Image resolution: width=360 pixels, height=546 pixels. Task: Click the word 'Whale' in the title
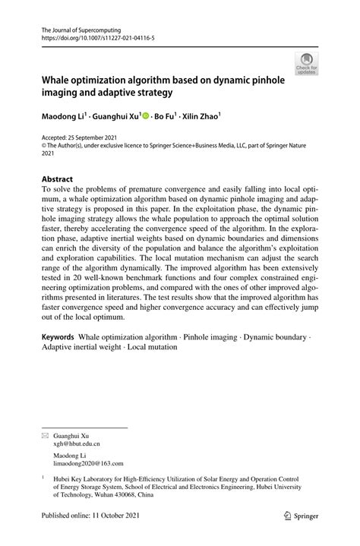(59, 79)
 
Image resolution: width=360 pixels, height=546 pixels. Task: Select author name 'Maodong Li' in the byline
(63, 118)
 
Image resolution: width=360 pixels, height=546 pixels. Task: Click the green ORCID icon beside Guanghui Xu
(145, 118)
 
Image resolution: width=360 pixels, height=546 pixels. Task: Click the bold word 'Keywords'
(58, 337)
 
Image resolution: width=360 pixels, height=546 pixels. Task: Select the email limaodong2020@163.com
(88, 464)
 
